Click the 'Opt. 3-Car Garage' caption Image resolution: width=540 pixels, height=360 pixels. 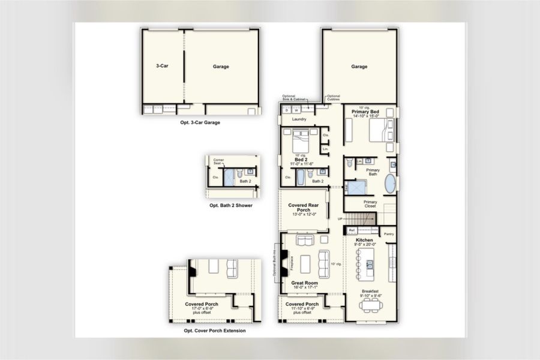click(x=200, y=122)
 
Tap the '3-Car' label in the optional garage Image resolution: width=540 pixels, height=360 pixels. click(x=161, y=67)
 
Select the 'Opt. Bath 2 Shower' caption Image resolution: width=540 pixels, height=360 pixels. click(x=230, y=205)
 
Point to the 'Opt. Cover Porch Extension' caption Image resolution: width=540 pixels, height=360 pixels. click(x=214, y=331)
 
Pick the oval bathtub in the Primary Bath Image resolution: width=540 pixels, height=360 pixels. click(x=389, y=184)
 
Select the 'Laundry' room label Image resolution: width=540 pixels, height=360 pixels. click(x=299, y=119)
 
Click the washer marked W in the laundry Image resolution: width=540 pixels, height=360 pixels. click(x=296, y=110)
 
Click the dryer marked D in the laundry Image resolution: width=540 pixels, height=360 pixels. click(x=287, y=110)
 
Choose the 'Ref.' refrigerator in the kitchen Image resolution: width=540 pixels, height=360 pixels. click(x=353, y=230)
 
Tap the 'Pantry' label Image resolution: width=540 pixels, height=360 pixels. click(x=389, y=234)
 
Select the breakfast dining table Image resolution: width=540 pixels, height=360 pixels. click(x=370, y=306)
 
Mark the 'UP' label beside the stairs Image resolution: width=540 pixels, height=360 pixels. click(x=340, y=219)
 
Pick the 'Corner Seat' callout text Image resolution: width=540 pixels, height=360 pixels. click(x=218, y=162)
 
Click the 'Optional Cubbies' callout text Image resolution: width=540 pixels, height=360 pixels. click(x=333, y=97)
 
